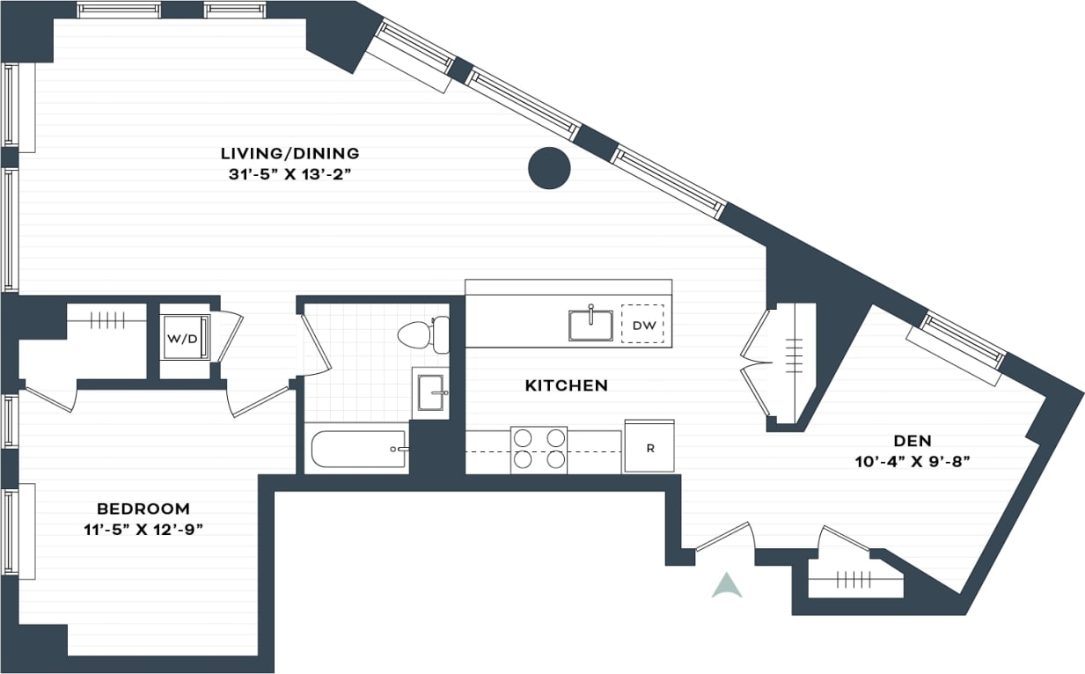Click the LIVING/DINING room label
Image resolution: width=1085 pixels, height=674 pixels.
(x=290, y=153)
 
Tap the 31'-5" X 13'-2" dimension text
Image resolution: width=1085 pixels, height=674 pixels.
(x=290, y=174)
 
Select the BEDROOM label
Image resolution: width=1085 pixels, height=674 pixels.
(x=143, y=509)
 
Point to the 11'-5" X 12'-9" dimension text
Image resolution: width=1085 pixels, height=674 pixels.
(x=143, y=530)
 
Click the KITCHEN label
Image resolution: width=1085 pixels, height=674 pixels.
(x=566, y=385)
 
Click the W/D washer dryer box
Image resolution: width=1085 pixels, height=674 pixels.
(x=183, y=338)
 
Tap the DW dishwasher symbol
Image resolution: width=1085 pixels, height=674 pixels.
(x=643, y=326)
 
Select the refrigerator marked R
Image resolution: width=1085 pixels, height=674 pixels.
(x=649, y=447)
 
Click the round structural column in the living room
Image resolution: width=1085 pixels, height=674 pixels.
(x=549, y=167)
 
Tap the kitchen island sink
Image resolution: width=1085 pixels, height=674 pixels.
(x=590, y=324)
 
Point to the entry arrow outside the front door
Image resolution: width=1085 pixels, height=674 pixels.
(x=726, y=585)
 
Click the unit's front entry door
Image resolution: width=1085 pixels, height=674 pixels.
(x=723, y=537)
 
